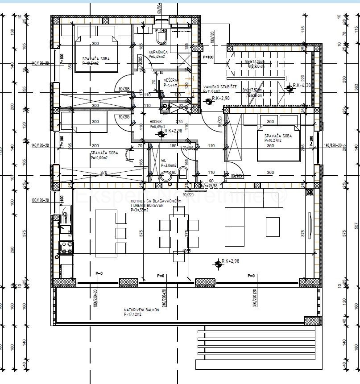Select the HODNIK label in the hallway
(x=156, y=122)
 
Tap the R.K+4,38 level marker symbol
(x=290, y=88)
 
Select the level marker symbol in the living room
(x=218, y=264)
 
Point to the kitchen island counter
(x=105, y=232)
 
